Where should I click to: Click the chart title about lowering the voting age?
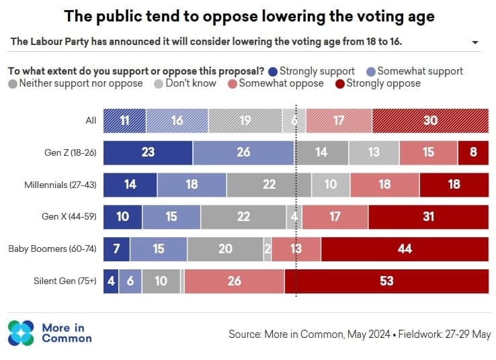247,15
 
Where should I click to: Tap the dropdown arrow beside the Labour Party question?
475,42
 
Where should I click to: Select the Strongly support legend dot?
272,71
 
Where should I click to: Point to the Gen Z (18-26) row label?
70,152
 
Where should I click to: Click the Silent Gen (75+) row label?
64,281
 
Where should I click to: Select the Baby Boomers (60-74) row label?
53,249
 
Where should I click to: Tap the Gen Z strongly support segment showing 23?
148,152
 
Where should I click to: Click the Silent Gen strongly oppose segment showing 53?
386,281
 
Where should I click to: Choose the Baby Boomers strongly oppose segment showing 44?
405,249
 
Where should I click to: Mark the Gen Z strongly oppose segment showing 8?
473,152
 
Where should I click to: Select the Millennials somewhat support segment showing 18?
192,185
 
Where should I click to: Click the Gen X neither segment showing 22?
243,217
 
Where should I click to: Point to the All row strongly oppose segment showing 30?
430,121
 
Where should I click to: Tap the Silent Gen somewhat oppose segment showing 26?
234,281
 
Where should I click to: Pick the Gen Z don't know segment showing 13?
374,152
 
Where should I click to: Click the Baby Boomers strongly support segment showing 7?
116,249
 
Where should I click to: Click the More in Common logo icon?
21,333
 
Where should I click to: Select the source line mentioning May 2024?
360,334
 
